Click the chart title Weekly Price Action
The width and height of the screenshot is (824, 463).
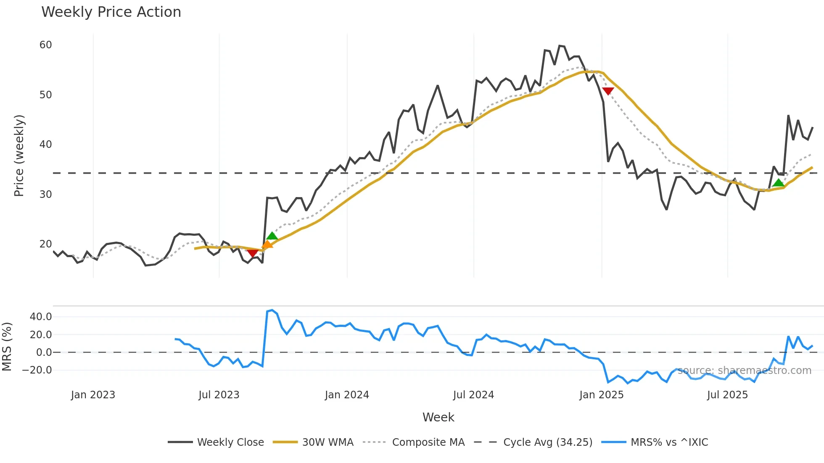pos(111,12)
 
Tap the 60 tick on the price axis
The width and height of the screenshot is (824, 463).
pos(45,45)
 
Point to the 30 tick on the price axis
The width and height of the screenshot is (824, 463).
pos(45,195)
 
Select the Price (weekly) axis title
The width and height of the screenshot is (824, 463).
pos(19,156)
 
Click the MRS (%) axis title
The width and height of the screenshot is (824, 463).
pos(7,347)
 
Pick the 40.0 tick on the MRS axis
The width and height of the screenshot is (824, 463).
pos(41,317)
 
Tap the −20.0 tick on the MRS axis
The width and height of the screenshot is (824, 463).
pos(37,370)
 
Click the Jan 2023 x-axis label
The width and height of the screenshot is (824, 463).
pos(93,395)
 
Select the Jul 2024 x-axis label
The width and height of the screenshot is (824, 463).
pos(473,395)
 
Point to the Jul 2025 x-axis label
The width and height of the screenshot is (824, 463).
pos(727,395)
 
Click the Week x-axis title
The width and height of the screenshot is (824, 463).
pos(438,417)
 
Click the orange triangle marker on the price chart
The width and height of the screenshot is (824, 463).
pos(267,245)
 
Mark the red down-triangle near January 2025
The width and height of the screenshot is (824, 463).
pos(608,91)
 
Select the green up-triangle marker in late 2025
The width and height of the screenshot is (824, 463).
pos(779,183)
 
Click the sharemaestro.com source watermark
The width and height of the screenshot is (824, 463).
pos(745,371)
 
